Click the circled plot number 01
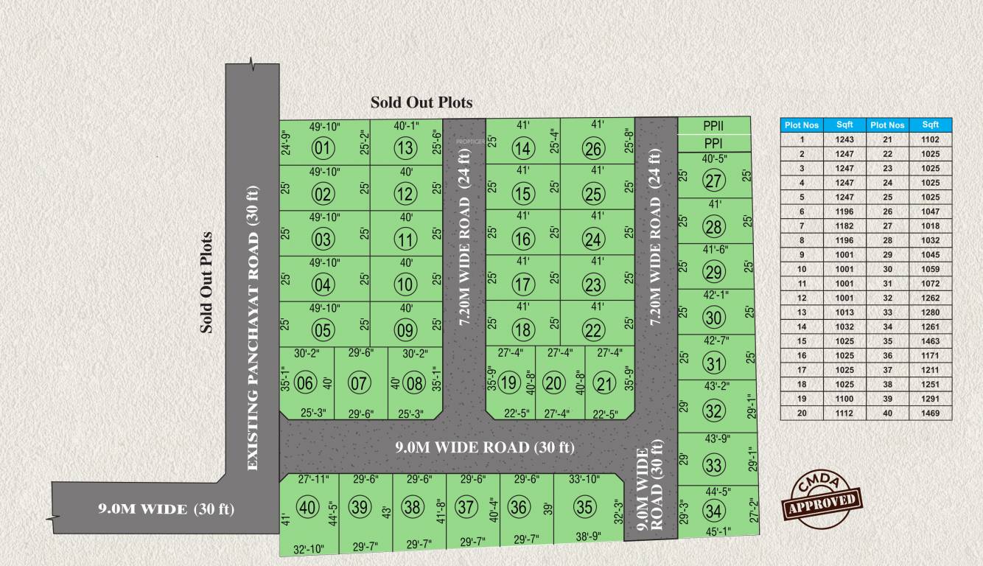(323, 149)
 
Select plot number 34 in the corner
(713, 510)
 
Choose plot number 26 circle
(593, 149)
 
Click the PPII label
(713, 126)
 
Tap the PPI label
(713, 143)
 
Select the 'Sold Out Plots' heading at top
(421, 102)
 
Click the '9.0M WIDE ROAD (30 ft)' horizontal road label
(484, 447)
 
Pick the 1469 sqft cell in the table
(930, 413)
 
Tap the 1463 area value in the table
(930, 341)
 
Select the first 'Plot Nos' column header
(801, 125)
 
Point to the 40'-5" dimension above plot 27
(714, 158)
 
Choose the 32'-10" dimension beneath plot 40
(309, 548)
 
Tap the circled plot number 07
(359, 382)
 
